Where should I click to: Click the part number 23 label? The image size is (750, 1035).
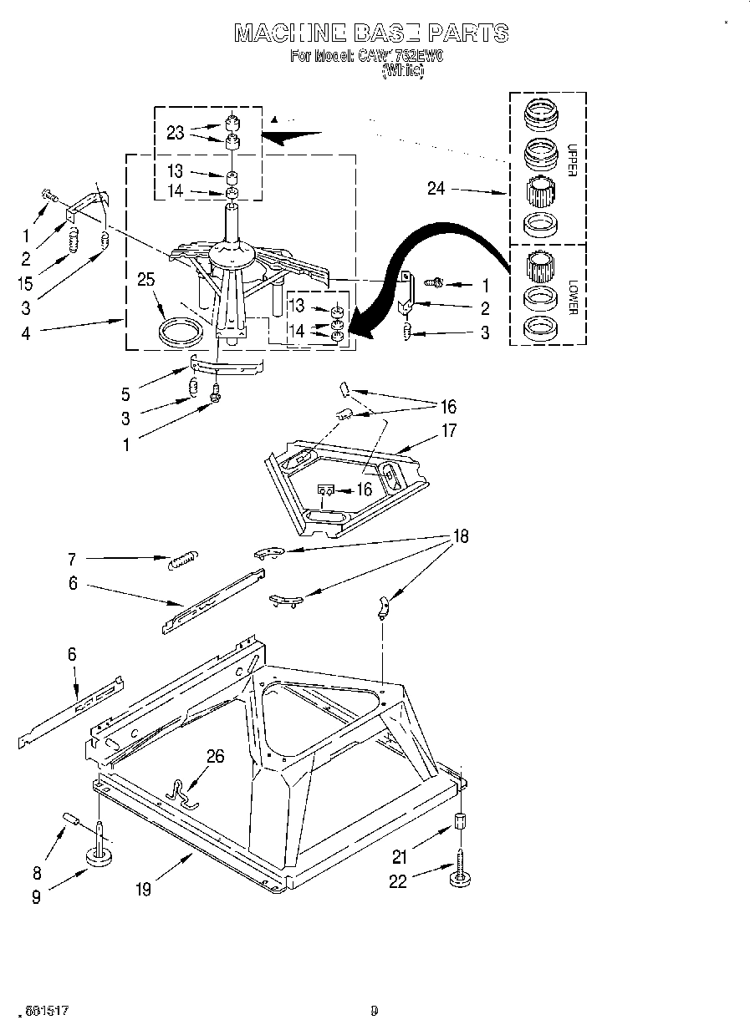[175, 131]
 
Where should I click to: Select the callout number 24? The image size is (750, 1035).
[436, 189]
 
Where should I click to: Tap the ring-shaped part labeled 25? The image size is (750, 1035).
[181, 331]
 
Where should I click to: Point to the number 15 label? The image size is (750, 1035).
[25, 283]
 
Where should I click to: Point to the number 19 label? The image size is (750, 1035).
[143, 890]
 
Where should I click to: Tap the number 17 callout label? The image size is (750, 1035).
[450, 431]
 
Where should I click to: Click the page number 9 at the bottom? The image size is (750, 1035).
[375, 1010]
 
